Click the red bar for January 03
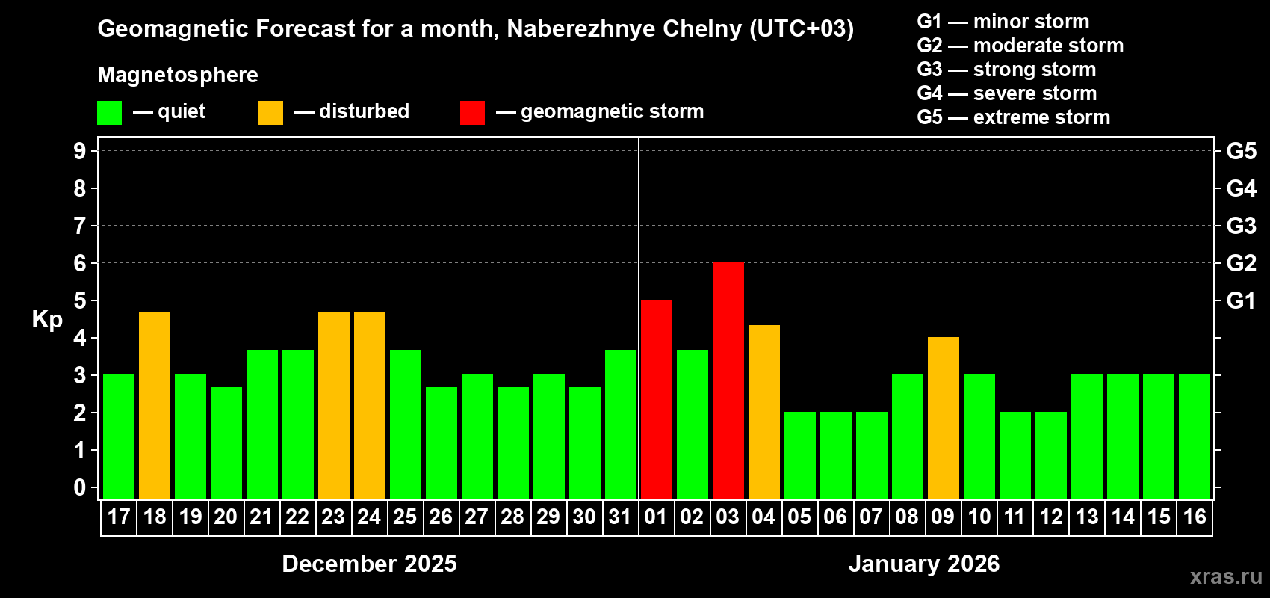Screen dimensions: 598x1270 [x=728, y=380]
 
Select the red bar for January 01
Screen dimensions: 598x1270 [x=657, y=399]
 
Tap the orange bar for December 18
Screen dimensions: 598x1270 [x=155, y=405]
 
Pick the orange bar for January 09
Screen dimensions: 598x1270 [x=944, y=418]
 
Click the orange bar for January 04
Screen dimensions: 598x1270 [x=764, y=412]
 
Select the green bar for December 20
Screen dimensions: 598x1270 [x=226, y=443]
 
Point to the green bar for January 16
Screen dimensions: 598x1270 [x=1195, y=437]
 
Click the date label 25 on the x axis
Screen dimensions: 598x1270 [x=405, y=517]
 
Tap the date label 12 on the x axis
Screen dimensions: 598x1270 [x=1051, y=517]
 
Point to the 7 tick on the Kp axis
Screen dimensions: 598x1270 [x=80, y=226]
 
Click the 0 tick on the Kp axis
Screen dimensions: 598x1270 [x=80, y=487]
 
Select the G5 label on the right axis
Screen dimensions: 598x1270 [x=1241, y=151]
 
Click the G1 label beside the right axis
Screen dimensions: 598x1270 [x=1241, y=300]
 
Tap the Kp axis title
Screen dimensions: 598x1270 [x=47, y=319]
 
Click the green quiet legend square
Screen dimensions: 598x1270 [x=110, y=113]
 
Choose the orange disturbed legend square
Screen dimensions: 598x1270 [x=271, y=113]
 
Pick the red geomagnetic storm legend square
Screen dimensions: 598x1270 [x=472, y=113]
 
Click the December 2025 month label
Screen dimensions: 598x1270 [x=369, y=564]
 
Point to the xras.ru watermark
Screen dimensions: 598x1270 [x=1226, y=576]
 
